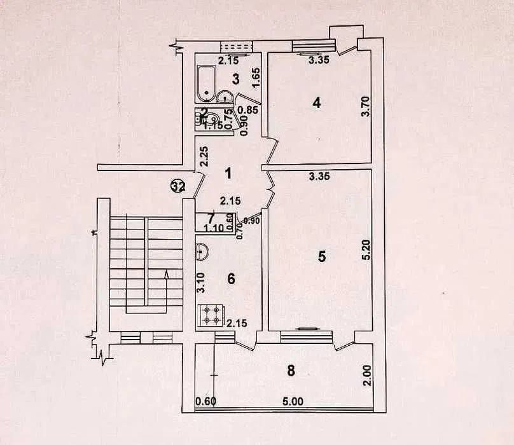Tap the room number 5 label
coord(322,256)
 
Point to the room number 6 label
coord(231,278)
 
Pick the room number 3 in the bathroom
coord(235,79)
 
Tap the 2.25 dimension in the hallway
coord(202,156)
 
